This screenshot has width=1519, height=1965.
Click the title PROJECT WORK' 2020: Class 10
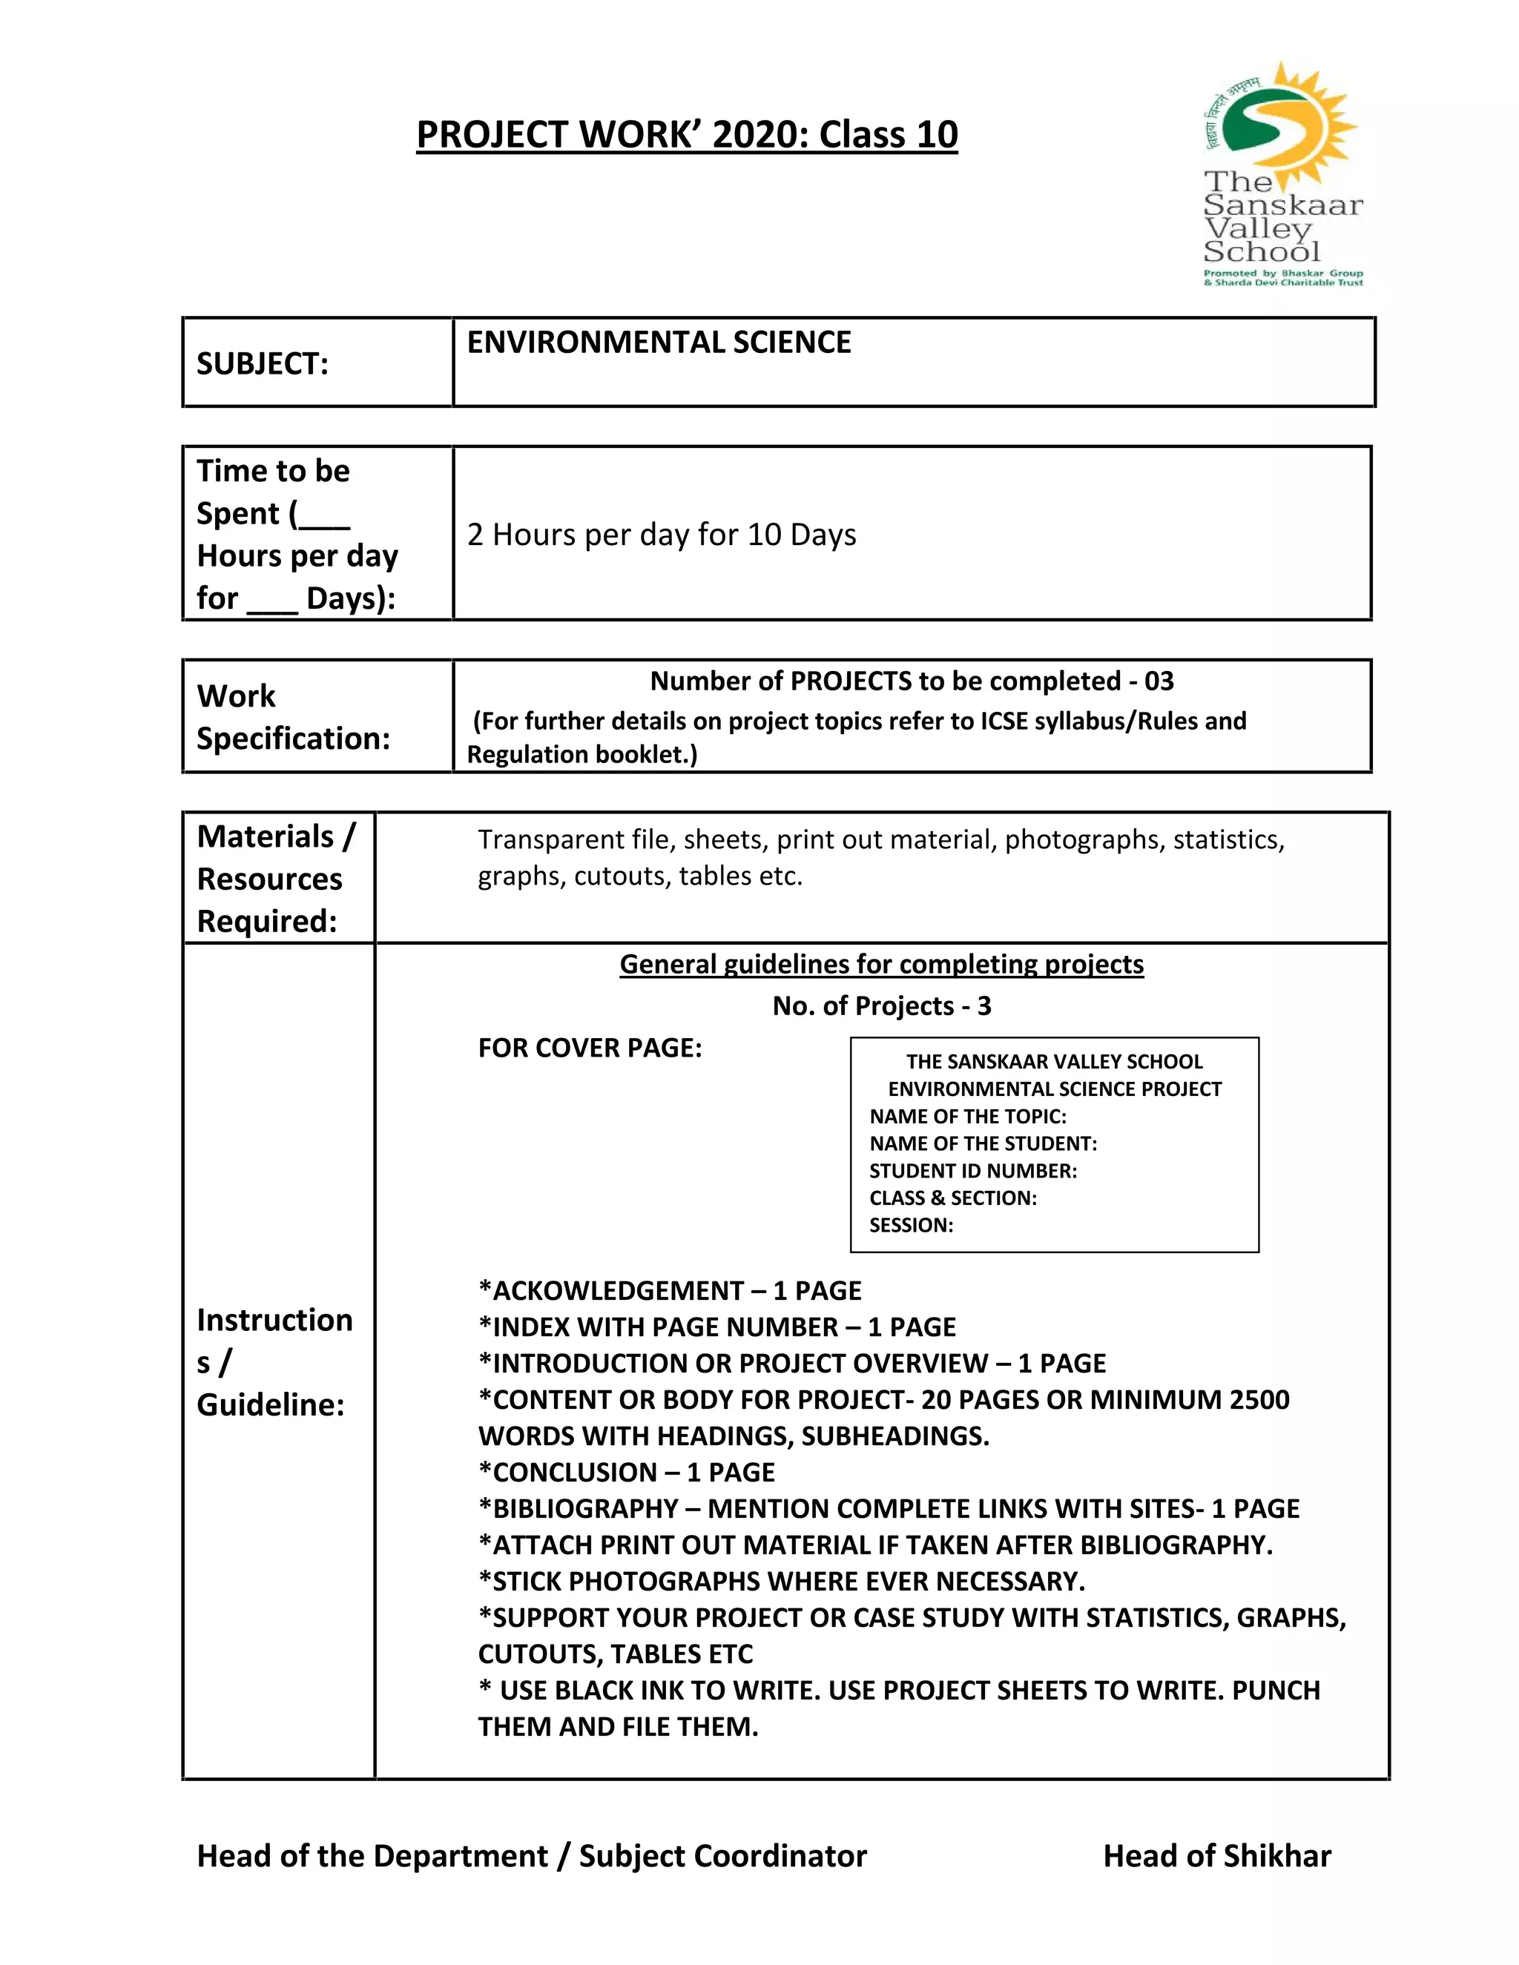tap(687, 135)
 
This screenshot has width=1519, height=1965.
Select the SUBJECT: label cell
tap(262, 363)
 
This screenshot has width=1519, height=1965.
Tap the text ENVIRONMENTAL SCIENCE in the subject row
tap(659, 343)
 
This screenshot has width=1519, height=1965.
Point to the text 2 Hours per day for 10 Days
tap(662, 535)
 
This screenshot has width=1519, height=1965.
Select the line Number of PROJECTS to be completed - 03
tap(911, 681)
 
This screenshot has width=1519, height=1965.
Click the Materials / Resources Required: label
tap(275, 878)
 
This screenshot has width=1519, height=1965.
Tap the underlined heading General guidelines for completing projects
tap(881, 964)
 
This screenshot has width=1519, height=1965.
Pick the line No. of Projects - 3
tap(881, 1006)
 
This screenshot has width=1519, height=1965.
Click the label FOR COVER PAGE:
tap(590, 1048)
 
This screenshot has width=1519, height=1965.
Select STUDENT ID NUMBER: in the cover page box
tap(973, 1171)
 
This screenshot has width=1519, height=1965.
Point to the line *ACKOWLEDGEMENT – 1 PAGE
tap(670, 1291)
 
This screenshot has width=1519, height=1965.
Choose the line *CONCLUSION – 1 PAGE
tap(626, 1472)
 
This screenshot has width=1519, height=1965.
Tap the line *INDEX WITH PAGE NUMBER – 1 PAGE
tap(716, 1327)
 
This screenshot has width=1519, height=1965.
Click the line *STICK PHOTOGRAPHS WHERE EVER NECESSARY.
tap(781, 1581)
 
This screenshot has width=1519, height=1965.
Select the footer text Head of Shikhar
tap(1216, 1856)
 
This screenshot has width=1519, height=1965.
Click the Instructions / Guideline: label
tap(274, 1362)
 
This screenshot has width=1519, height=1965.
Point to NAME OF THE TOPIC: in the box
tap(967, 1117)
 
